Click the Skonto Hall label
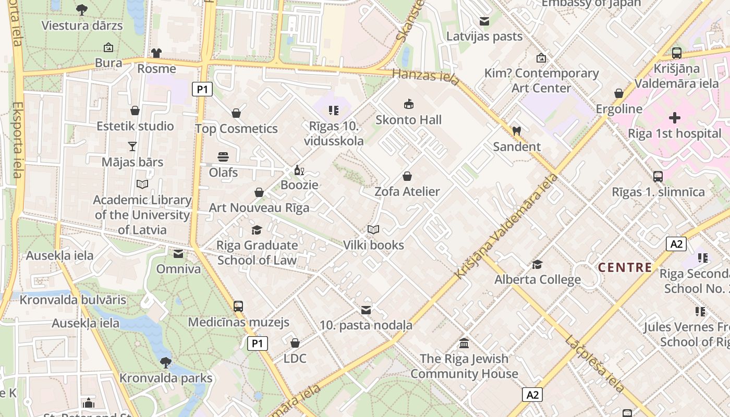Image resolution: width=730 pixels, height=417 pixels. tap(409, 120)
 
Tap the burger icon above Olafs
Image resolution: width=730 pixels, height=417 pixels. tap(223, 157)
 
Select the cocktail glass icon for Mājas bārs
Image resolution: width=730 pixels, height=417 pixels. tap(132, 146)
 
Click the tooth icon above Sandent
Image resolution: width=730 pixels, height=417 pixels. tap(517, 131)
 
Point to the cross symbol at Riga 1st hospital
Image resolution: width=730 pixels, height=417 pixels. tap(675, 118)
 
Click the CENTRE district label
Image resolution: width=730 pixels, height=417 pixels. tap(625, 267)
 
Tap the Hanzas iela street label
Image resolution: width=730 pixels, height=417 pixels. tap(425, 77)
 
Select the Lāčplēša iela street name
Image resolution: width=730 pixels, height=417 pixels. tap(594, 363)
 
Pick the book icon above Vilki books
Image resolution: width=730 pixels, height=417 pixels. tap(373, 229)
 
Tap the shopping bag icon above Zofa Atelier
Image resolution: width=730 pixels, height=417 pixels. tap(407, 176)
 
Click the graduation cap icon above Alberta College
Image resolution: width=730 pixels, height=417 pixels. tap(537, 264)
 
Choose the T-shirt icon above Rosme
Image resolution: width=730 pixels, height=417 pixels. tap(156, 53)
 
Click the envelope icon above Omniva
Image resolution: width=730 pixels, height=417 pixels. tap(178, 254)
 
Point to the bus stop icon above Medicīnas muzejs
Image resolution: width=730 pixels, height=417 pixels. tap(238, 306)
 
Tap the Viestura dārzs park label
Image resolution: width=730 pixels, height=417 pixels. tap(82, 26)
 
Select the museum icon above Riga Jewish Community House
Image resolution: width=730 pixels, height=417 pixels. tap(464, 344)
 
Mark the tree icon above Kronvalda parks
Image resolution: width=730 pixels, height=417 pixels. tap(166, 362)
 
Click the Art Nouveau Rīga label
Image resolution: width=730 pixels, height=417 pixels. tap(259, 208)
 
